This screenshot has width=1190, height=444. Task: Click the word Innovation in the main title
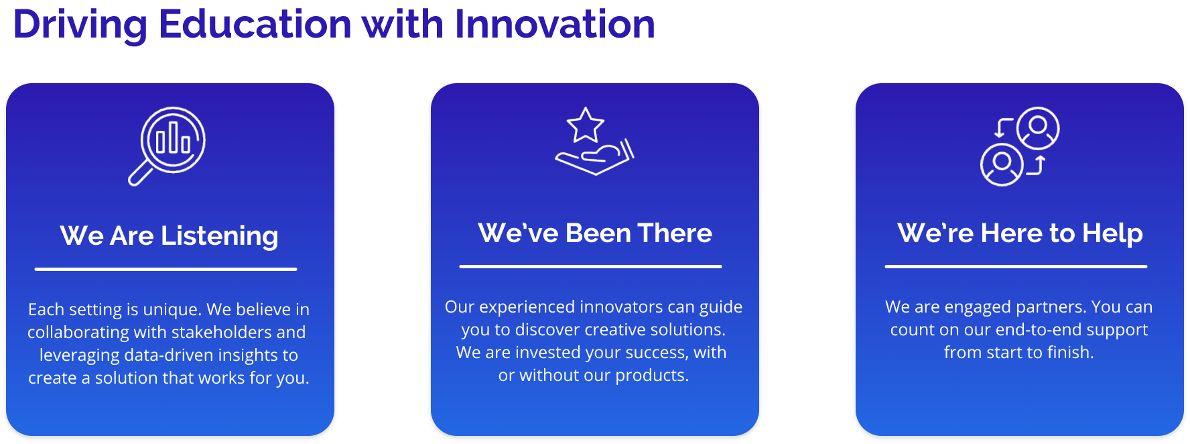[555, 24]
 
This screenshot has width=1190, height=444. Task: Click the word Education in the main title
[255, 24]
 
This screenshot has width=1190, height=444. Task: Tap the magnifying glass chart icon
[167, 146]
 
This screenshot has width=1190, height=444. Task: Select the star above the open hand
[585, 125]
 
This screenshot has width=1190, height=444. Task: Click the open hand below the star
[594, 158]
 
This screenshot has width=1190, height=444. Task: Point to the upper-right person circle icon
[1038, 127]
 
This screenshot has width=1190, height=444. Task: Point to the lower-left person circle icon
[1002, 164]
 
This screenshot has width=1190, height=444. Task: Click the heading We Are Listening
[169, 235]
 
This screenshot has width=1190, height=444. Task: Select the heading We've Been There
[595, 233]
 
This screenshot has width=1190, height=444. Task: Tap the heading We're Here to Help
[1020, 233]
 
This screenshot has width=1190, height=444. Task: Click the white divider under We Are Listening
[166, 269]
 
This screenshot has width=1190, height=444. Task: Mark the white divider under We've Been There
[590, 266]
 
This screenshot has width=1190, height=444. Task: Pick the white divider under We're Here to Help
[1016, 266]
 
